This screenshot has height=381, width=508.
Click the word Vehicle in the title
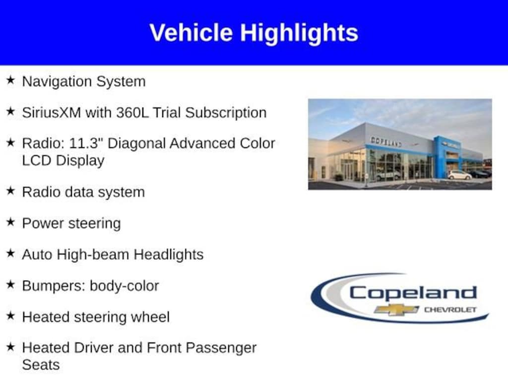[x=191, y=32]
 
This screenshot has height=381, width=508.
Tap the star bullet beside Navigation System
[x=11, y=80]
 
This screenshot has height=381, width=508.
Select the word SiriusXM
[x=52, y=113]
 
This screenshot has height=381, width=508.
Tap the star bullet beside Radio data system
[x=11, y=190]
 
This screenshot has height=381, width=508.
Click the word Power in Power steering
[x=43, y=223]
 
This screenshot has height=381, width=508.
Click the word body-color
[x=125, y=286]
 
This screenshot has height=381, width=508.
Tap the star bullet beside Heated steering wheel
[x=11, y=316]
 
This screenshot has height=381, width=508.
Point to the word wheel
[x=150, y=317]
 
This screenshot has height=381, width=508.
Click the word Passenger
[x=221, y=348]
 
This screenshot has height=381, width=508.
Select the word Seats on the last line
[x=41, y=365]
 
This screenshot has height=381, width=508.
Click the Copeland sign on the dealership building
[x=385, y=141]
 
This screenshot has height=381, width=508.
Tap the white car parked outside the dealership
[x=460, y=175]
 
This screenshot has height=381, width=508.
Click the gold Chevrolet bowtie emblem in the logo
[x=396, y=310]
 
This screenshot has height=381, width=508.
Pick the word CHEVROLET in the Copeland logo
[x=450, y=310]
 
